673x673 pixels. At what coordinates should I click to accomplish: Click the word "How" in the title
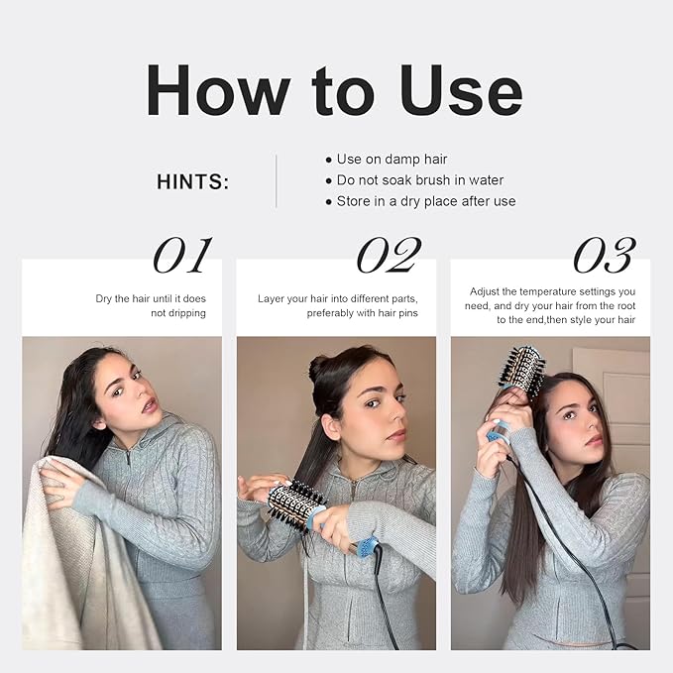(218, 90)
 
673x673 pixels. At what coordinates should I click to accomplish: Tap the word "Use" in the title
(461, 90)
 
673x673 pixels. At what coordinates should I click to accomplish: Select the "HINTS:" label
(192, 181)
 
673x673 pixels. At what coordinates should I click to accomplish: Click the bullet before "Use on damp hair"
(329, 161)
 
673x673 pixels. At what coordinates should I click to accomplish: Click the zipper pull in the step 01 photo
(128, 458)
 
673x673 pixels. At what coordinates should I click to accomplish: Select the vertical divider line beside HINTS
(276, 181)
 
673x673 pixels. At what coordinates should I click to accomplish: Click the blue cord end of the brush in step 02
(369, 548)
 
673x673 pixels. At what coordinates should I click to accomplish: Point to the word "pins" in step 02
(408, 314)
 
